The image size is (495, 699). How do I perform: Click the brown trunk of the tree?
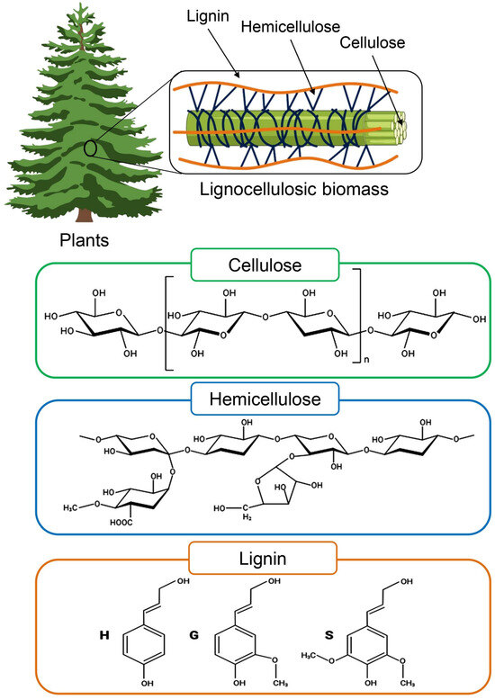[x=84, y=213]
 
